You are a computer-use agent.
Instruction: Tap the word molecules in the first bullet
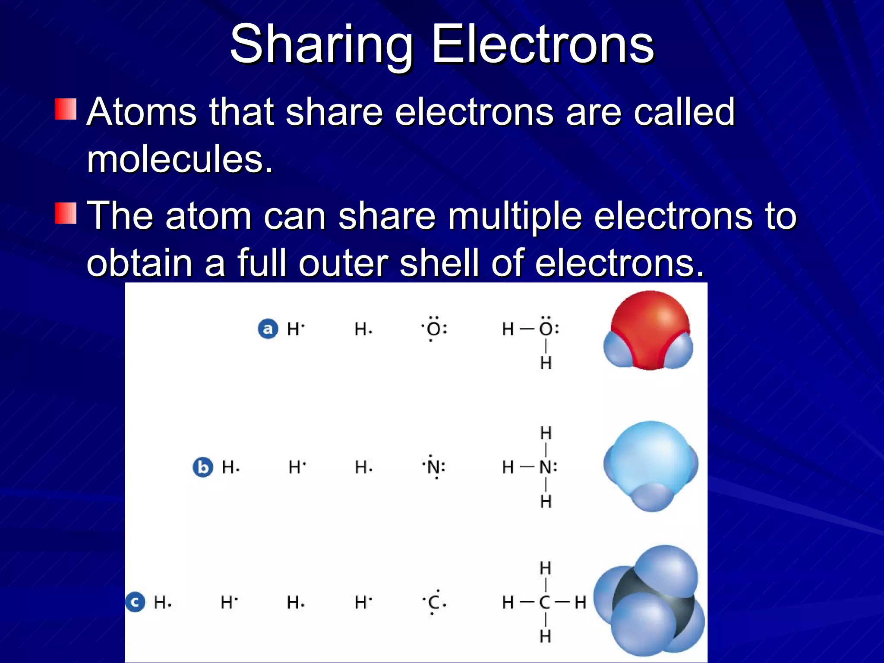[x=180, y=159]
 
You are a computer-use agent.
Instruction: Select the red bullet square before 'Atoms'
[x=66, y=109]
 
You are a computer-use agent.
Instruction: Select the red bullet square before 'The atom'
[x=66, y=213]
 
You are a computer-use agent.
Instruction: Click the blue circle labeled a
[x=268, y=329]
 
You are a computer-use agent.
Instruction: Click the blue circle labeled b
[x=202, y=467]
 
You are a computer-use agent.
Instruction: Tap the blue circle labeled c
[x=135, y=602]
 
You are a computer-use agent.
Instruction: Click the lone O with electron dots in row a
[x=433, y=329]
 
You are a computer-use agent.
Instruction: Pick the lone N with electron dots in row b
[x=433, y=467]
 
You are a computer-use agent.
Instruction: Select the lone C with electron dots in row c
[x=433, y=602]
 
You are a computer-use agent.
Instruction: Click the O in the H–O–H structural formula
[x=546, y=329]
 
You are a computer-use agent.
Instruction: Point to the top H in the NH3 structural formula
[x=546, y=433]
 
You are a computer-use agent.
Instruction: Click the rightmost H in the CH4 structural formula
[x=580, y=602]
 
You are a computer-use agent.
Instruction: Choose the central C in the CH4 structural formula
[x=545, y=602]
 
